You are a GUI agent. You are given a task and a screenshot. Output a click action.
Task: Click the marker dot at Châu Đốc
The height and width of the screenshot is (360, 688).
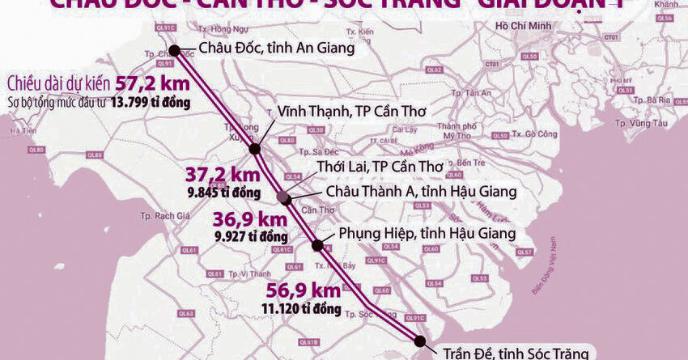point(173,49)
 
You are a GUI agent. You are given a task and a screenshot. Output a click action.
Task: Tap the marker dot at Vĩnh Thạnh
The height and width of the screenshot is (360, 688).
point(255,149)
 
